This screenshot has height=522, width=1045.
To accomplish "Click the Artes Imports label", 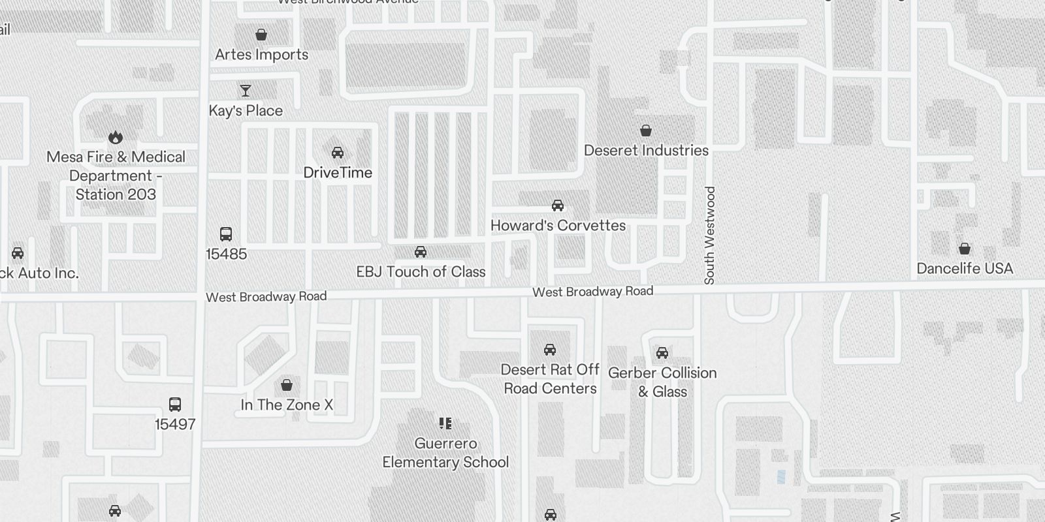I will tap(261, 55).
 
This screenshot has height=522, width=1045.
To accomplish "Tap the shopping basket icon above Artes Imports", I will tap(261, 35).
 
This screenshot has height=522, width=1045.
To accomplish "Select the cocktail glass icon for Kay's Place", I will tap(246, 91).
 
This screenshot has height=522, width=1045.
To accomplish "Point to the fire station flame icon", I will tap(116, 137).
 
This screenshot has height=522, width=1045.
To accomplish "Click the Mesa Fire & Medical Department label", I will tap(116, 176).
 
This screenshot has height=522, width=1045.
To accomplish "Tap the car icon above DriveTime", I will tap(338, 153).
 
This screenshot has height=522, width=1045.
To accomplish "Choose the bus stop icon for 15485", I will tap(226, 234).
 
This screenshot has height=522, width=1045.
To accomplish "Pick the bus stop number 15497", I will tap(175, 425).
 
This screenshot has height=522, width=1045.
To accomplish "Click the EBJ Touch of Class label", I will tap(421, 272).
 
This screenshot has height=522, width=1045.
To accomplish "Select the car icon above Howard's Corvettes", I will tap(558, 206).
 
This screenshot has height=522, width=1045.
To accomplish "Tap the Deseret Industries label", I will tap(646, 151).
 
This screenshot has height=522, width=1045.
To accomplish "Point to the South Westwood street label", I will tap(710, 235).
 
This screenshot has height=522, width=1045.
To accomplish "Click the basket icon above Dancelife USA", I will tap(965, 249).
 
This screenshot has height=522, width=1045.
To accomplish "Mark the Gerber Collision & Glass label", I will tap(662, 382).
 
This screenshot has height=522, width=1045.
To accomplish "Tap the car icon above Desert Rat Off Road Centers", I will tap(550, 350).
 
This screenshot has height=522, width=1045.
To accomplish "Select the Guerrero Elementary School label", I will tap(445, 453).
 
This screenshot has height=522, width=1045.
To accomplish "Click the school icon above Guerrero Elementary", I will tap(445, 423).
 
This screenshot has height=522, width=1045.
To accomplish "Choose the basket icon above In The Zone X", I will tap(287, 385).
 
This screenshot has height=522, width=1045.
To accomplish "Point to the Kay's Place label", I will tap(246, 111).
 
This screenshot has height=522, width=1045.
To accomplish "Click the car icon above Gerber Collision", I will tap(662, 353).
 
